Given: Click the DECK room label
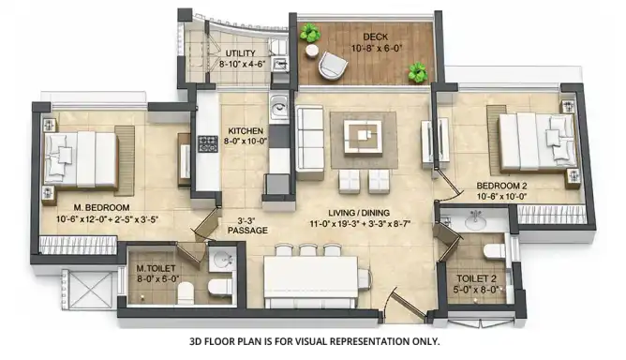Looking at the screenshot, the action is pos(375,37).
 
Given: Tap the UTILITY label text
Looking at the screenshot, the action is pos(240,53).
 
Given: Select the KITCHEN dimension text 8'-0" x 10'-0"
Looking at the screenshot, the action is pos(246,141).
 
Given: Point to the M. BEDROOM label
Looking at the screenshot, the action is pos(101,208).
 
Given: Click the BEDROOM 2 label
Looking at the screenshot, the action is pos(502,186).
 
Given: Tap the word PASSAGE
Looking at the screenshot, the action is pos(247,231).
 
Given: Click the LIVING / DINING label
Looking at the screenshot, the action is pos(359,214).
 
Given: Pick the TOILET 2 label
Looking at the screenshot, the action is pos(476,278).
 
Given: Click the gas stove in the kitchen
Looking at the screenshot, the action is pos(208,144).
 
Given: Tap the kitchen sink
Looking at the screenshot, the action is pos(278,107).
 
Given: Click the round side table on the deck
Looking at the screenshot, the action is pos(312,51).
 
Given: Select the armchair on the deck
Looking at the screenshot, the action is pos(333,65).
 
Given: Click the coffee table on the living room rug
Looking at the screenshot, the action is pos(363,136).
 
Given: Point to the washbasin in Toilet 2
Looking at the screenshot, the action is pos(475,221).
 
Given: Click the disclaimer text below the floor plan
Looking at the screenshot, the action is pos(314,341).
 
